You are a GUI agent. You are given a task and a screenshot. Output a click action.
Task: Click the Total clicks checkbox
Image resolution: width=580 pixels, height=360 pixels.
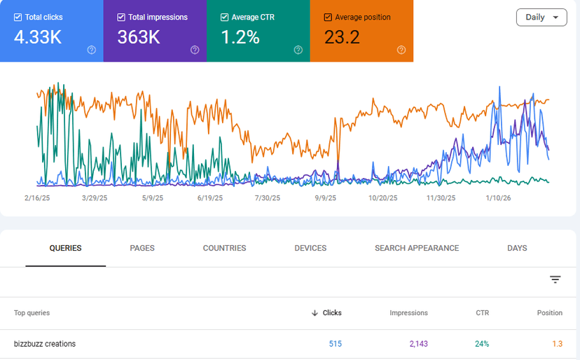18,17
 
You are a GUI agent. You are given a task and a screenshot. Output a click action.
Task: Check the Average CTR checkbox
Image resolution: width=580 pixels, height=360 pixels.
224,17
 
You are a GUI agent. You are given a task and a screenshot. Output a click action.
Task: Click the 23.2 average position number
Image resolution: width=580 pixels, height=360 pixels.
342,38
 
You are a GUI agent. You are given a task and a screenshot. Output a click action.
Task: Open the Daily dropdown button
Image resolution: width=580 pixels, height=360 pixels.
541,18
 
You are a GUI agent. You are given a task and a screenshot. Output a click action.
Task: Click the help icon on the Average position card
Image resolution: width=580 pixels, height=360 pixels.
401,50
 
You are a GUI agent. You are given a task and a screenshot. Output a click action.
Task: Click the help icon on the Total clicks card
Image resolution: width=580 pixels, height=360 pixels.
91,50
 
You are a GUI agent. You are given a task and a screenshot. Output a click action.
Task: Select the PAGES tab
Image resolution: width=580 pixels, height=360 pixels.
142,248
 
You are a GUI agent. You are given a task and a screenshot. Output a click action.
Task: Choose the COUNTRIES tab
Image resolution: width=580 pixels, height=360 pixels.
224,248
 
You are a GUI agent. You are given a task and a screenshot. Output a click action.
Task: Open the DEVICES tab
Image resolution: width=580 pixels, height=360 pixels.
310,248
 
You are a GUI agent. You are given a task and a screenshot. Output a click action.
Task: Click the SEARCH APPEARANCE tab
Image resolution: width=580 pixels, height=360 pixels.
417,248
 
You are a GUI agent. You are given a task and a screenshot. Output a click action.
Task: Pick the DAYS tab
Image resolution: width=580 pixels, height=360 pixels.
517,248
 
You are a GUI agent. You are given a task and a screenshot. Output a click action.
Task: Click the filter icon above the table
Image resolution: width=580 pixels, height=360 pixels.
555,279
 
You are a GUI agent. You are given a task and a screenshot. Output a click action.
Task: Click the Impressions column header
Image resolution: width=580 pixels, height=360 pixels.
408,313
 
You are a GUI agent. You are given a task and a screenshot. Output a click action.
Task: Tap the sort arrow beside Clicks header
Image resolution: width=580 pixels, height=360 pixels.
315,313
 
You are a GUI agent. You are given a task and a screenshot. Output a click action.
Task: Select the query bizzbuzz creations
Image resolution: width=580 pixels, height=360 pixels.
45,344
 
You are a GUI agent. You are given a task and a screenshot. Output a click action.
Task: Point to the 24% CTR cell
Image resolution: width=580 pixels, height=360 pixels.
481,344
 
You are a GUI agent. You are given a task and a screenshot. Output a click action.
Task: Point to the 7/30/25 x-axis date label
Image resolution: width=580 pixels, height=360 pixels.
267,198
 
